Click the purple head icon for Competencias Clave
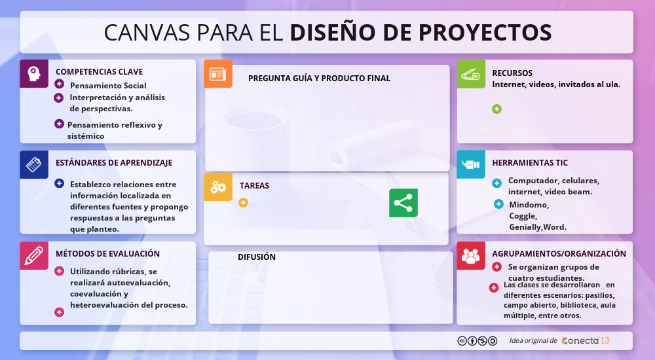click(x=34, y=73)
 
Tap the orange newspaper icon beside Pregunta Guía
click(x=218, y=73)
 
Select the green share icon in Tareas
click(x=403, y=203)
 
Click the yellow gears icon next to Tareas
click(x=218, y=187)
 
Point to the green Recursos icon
click(x=471, y=74)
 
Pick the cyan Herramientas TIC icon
click(x=471, y=164)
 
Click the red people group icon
click(x=471, y=255)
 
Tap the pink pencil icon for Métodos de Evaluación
click(x=34, y=255)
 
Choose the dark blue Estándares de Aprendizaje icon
click(x=34, y=164)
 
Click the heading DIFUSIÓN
click(x=257, y=257)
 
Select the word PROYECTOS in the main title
click(x=485, y=33)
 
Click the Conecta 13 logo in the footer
click(x=585, y=341)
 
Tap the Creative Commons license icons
click(x=477, y=341)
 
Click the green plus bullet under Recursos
click(x=496, y=109)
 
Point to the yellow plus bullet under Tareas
click(x=243, y=202)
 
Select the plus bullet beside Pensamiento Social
click(x=60, y=84)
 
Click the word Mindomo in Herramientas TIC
click(x=529, y=205)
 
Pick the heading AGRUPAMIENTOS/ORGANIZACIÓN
click(x=559, y=253)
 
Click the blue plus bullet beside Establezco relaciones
click(x=60, y=183)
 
